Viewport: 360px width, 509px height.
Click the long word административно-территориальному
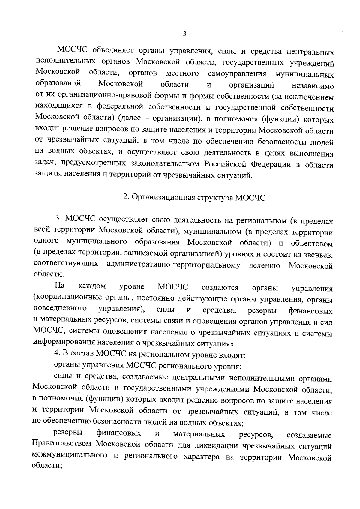pyautogui.click(x=173, y=265)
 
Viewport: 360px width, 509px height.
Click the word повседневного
pyautogui.click(x=60, y=309)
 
